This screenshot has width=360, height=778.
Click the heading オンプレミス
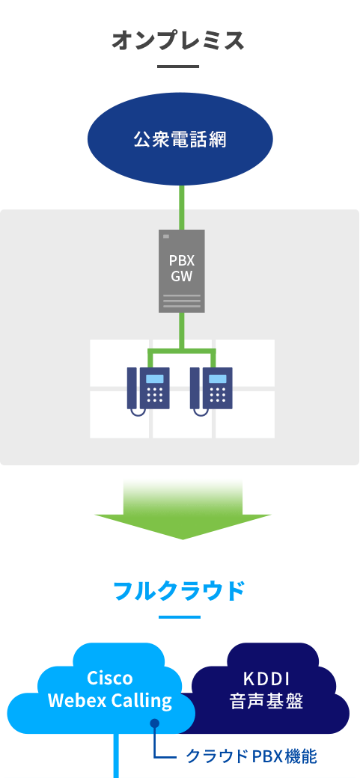click(x=178, y=40)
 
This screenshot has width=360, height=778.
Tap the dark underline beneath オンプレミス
click(x=178, y=66)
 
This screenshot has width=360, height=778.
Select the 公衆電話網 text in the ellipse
click(x=180, y=139)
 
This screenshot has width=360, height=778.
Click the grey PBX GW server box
click(x=182, y=271)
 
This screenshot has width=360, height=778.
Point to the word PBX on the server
click(x=182, y=260)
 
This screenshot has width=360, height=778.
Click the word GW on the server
click(x=182, y=276)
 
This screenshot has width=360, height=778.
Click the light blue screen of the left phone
click(x=154, y=379)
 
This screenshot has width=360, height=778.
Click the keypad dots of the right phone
click(x=218, y=394)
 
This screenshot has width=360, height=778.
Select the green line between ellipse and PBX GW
click(x=182, y=207)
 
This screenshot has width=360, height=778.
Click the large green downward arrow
click(x=183, y=509)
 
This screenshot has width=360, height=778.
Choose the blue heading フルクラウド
click(x=180, y=591)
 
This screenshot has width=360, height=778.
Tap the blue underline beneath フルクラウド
click(x=180, y=617)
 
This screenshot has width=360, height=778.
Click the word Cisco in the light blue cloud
click(x=110, y=677)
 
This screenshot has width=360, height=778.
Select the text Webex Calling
click(x=110, y=701)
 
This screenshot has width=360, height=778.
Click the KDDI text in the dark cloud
click(x=266, y=679)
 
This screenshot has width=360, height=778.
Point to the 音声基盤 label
click(x=266, y=701)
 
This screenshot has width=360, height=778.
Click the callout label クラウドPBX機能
click(x=251, y=756)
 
